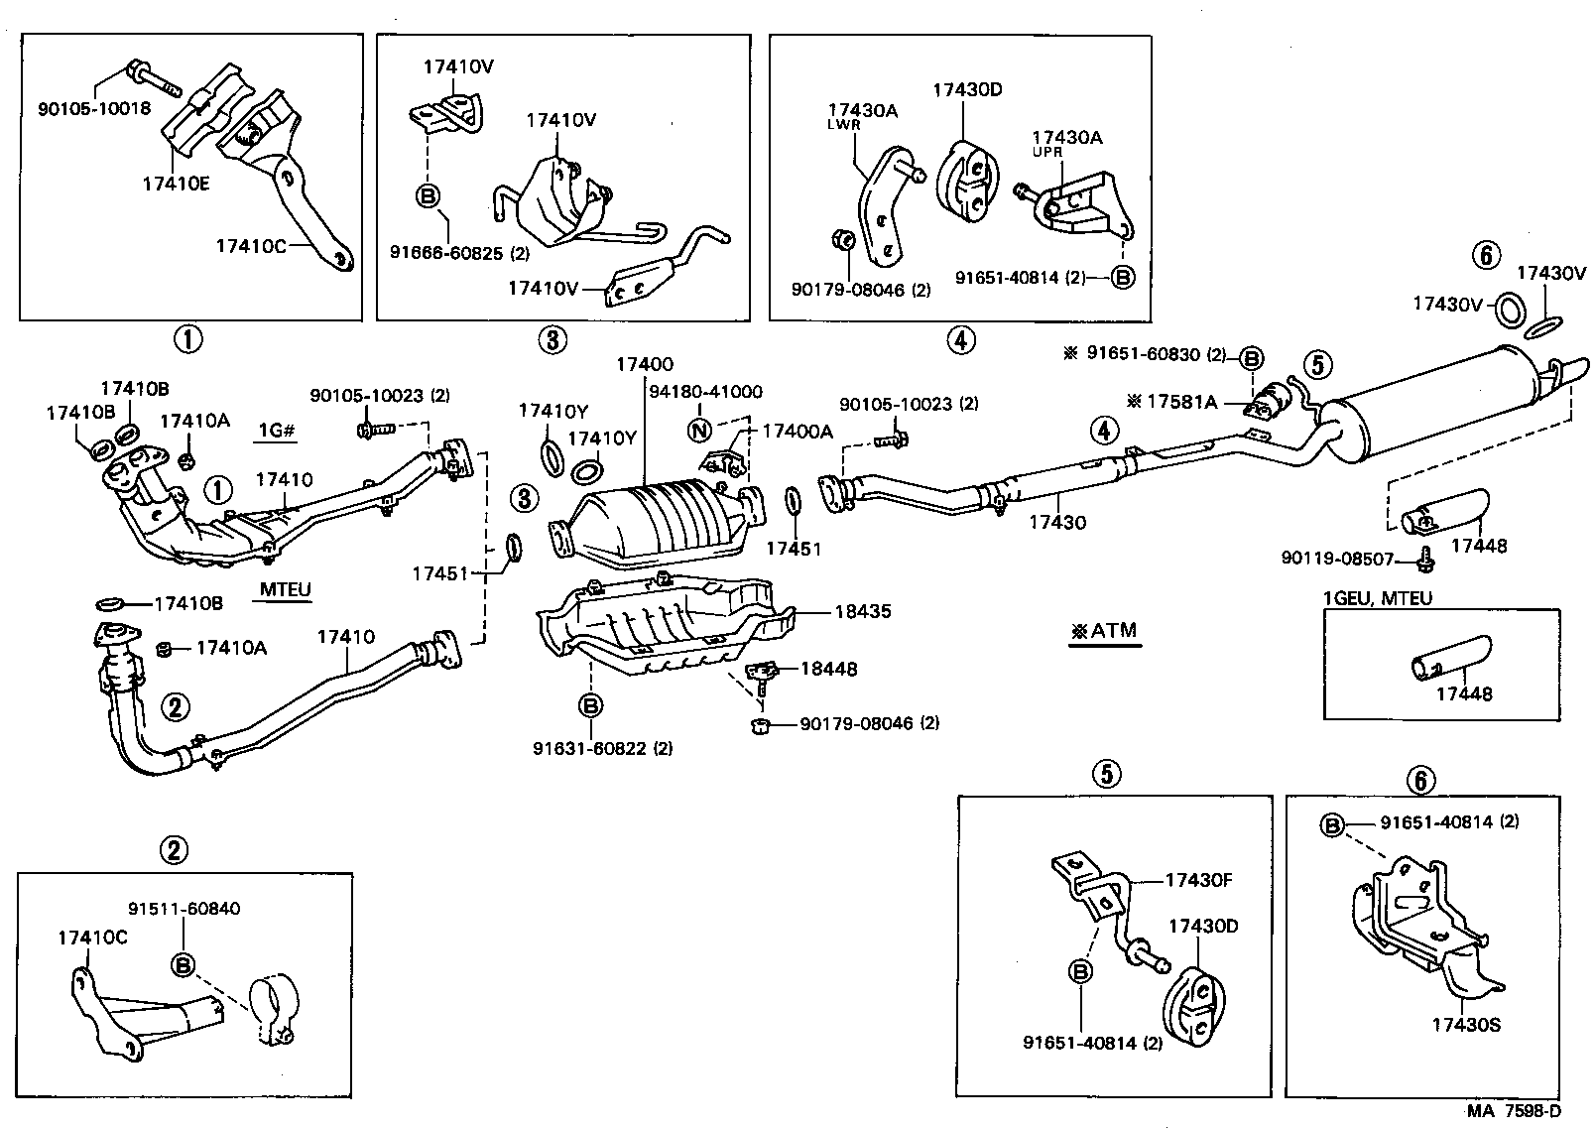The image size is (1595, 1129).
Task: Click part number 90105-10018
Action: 94,108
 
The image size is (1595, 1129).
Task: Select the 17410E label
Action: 176,184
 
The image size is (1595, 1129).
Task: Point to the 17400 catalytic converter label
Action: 644,365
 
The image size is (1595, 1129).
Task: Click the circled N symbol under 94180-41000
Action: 700,431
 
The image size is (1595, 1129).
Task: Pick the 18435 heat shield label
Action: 862,612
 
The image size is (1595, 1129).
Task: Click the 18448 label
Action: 828,670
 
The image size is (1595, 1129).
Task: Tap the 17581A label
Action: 1181,402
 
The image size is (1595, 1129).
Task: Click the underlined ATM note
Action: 1104,631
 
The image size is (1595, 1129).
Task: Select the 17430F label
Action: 1198,880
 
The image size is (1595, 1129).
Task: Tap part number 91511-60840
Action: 184,909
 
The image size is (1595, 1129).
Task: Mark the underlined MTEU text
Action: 286,590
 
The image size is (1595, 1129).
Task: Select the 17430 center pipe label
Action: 1057,522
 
